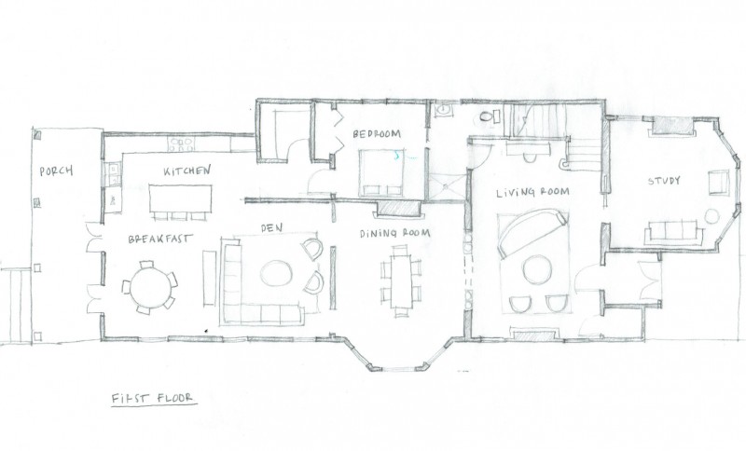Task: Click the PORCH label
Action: [56, 171]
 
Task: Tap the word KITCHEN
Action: [186, 171]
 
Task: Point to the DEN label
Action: [271, 228]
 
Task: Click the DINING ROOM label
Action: [394, 233]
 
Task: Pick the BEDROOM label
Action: [377, 134]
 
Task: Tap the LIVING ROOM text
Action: [532, 192]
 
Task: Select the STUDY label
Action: [664, 181]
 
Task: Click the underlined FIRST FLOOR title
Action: [153, 397]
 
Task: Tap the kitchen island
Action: [180, 199]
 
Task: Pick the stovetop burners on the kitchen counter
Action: [182, 144]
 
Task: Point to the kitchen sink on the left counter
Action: [114, 174]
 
